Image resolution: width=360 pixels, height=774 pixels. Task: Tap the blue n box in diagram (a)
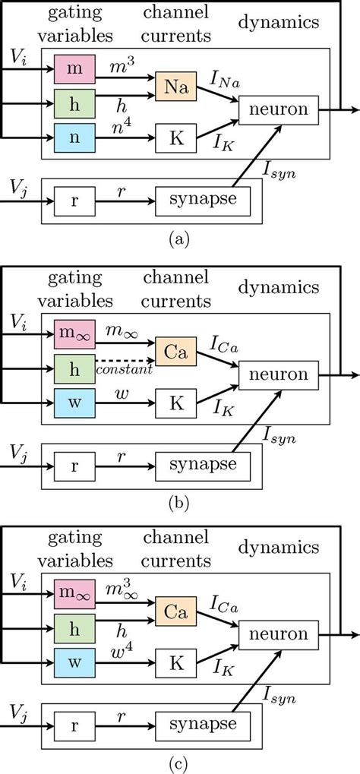(74, 137)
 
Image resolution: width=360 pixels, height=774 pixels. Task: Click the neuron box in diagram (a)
(273, 110)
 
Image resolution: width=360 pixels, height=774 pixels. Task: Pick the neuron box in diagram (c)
(273, 634)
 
